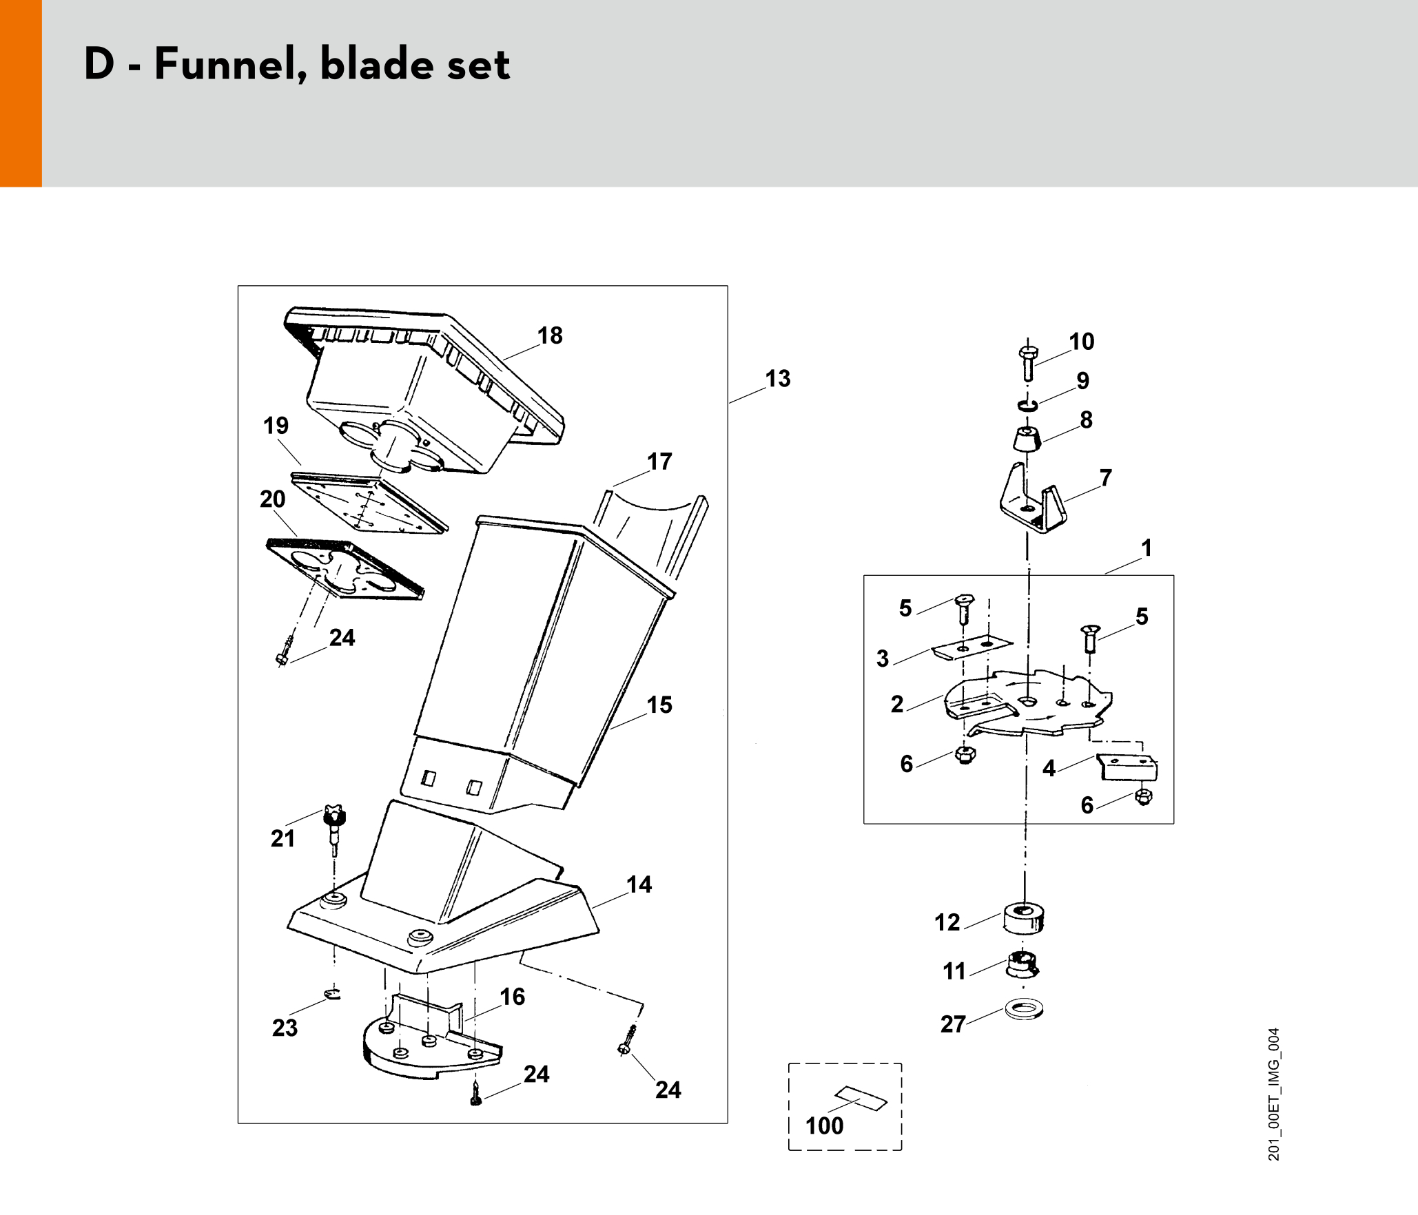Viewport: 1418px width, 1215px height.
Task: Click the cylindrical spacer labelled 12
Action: click(x=1024, y=919)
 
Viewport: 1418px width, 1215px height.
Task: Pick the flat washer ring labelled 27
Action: click(x=1024, y=1010)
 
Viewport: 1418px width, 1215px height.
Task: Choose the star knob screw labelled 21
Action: click(x=334, y=830)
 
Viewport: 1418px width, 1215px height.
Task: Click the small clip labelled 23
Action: click(x=332, y=994)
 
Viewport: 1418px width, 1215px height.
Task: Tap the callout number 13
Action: click(x=778, y=379)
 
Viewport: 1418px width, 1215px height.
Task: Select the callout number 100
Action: click(x=824, y=1125)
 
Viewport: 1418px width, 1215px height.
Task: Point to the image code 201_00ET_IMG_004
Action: click(x=1273, y=1094)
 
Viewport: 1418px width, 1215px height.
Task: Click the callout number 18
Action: click(x=550, y=335)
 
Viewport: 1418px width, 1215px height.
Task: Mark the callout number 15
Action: click(x=659, y=705)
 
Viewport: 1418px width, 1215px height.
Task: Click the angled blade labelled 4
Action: click(x=1127, y=767)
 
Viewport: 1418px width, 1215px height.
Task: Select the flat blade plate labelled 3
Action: click(x=972, y=647)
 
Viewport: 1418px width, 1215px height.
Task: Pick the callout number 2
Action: click(x=896, y=704)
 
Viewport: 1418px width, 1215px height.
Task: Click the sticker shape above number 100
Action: click(x=861, y=1098)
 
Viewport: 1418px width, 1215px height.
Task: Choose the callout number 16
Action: click(x=512, y=997)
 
